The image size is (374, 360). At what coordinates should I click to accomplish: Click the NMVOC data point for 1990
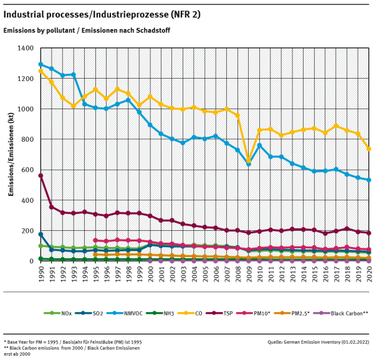pos(41,64)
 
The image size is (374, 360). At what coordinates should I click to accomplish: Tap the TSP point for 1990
pos(41,176)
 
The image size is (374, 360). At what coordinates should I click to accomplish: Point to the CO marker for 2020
pos(368,148)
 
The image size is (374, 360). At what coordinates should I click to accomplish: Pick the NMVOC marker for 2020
pos(368,180)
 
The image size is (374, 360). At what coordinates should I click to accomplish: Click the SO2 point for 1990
pos(41,235)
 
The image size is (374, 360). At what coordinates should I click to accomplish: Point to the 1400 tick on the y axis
pos(26,48)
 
